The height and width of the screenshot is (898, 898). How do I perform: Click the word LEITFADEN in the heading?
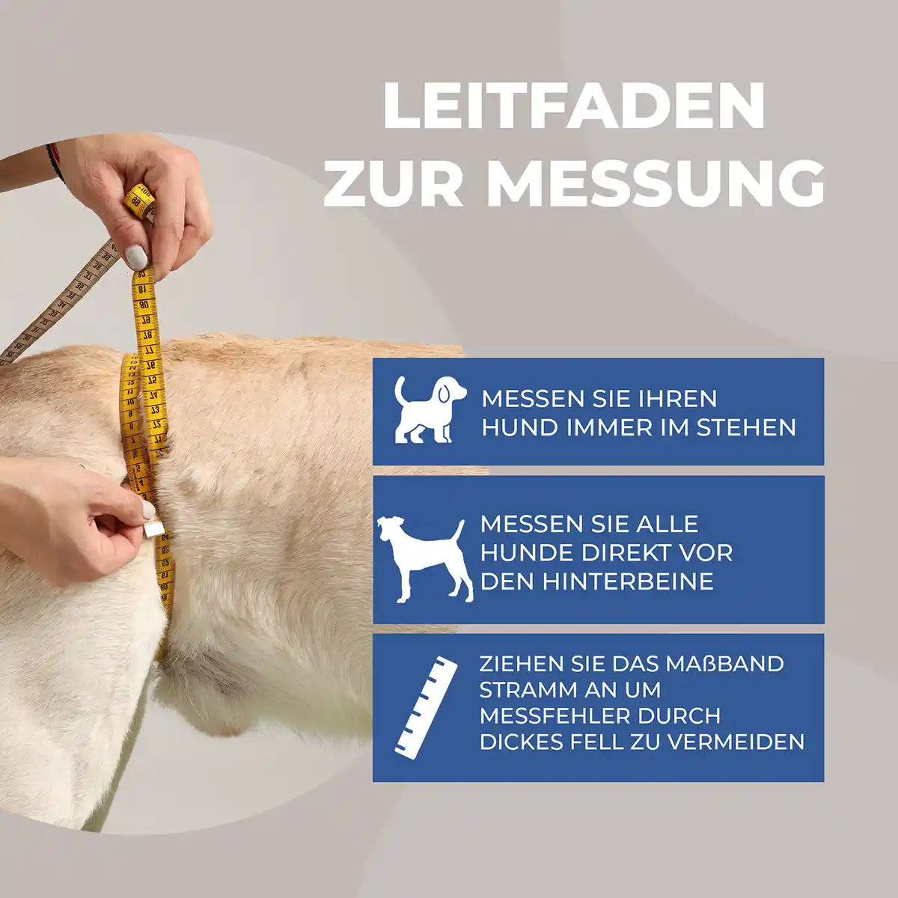pyautogui.click(x=574, y=106)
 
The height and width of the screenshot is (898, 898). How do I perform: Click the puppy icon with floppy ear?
pyautogui.click(x=429, y=409)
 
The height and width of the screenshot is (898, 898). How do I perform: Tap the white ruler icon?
pyautogui.click(x=425, y=704)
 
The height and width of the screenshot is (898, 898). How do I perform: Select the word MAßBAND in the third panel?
pyautogui.click(x=733, y=664)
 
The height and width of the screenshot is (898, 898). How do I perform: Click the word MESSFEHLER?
pyautogui.click(x=555, y=716)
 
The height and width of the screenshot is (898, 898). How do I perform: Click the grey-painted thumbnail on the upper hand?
pyautogui.click(x=136, y=257)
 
